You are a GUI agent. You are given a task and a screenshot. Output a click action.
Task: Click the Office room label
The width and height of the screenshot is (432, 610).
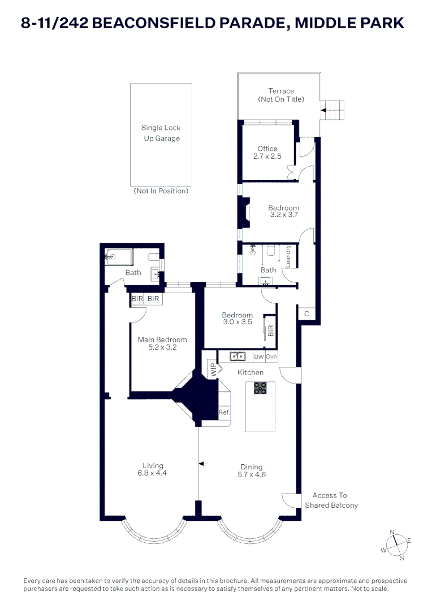(x=267, y=149)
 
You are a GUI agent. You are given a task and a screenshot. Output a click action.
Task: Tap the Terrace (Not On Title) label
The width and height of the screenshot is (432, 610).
(x=281, y=95)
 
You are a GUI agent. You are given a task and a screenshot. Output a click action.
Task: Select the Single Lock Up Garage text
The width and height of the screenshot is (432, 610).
(x=161, y=133)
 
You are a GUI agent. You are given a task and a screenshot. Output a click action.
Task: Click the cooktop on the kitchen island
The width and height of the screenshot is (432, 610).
(x=260, y=388)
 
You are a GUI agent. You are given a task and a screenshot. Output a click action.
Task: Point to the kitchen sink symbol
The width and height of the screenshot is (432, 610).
(x=237, y=356)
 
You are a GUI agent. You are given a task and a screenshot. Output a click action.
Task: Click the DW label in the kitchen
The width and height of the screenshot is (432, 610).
(x=259, y=356)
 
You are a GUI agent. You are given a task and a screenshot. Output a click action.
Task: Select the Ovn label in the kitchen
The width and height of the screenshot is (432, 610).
(x=272, y=356)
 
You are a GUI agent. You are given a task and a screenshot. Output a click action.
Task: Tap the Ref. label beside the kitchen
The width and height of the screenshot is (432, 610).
(x=224, y=413)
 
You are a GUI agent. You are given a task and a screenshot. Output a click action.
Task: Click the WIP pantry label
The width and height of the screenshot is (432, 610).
(x=214, y=371)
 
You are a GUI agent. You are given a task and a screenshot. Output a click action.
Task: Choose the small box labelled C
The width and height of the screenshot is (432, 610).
(x=306, y=313)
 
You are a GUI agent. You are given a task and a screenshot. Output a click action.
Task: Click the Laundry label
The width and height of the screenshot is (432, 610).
(x=288, y=256)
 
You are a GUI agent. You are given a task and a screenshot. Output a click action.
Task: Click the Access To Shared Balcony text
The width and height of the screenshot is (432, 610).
(x=331, y=500)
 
